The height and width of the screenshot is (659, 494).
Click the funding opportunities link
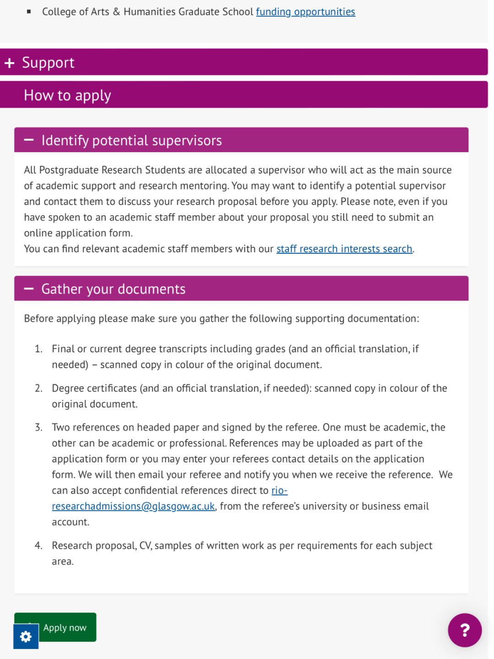tap(305, 12)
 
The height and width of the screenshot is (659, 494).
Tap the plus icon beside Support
tap(10, 63)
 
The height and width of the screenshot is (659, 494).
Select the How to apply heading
tap(67, 95)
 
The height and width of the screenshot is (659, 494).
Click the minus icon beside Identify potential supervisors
tap(29, 140)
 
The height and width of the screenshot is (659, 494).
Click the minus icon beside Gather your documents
tap(29, 289)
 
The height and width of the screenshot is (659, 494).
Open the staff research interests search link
tap(344, 249)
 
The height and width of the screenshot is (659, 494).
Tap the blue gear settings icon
tap(26, 637)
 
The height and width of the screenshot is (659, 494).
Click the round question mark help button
tap(465, 630)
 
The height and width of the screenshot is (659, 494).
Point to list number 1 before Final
tap(38, 349)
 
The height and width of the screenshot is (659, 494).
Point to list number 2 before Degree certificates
tap(38, 388)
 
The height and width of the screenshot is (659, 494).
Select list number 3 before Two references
tap(38, 428)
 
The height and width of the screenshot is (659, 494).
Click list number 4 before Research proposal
tap(38, 546)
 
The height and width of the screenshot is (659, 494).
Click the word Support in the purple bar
tap(48, 63)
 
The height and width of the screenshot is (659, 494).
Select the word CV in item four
tap(145, 546)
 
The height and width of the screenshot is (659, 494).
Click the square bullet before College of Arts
tap(29, 12)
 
